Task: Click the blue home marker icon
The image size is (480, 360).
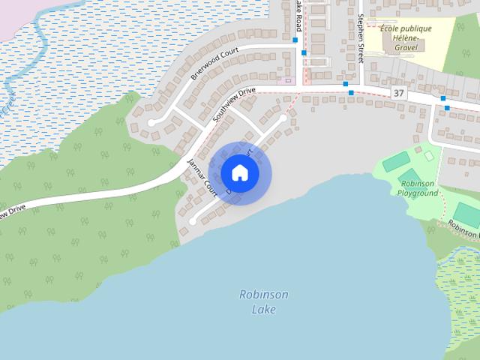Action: coord(239,172)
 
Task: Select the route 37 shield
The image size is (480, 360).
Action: coord(398,93)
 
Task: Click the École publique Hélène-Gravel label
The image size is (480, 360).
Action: coord(405,33)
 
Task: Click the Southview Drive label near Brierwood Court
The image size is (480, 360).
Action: coord(234,106)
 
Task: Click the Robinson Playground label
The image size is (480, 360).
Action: coord(418,188)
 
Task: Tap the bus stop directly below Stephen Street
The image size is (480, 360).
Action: coord(351,93)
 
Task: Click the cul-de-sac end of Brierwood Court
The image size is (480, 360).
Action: coord(151,122)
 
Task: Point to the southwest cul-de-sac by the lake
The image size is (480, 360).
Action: coord(192,221)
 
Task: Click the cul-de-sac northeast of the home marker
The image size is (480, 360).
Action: coord(283,118)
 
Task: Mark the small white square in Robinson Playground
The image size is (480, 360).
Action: coord(429,156)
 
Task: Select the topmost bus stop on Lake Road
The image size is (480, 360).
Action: coord(295,40)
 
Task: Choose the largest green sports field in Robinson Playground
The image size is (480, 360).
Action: coord(397,160)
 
